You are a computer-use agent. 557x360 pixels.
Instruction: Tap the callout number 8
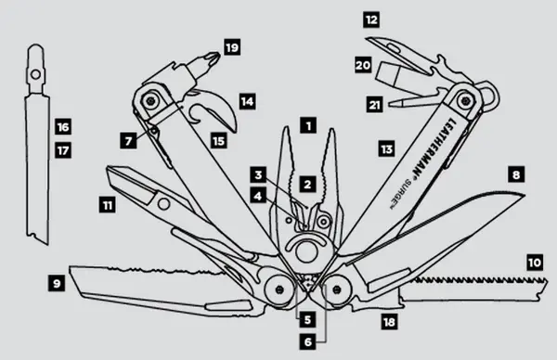point(515,173)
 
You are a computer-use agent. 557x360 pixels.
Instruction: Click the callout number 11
point(109,200)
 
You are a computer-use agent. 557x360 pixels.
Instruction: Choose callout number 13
point(386,148)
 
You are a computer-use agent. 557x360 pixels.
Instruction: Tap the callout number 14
point(246,98)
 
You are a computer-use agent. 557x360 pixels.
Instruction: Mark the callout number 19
point(231,45)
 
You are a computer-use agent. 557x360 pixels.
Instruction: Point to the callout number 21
point(374,105)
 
